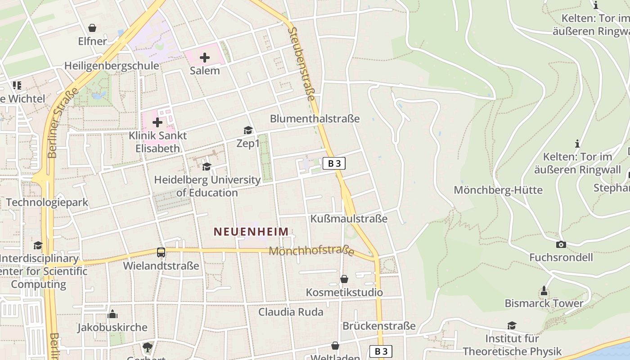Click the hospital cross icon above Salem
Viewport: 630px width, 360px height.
pyautogui.click(x=205, y=58)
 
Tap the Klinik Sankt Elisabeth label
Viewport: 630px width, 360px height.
pyautogui.click(x=157, y=142)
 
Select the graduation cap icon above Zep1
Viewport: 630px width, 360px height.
pyautogui.click(x=248, y=130)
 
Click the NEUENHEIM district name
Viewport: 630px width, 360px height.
pyautogui.click(x=251, y=232)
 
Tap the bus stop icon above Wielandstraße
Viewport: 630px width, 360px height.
pyautogui.click(x=161, y=252)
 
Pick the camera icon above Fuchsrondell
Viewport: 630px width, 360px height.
pyautogui.click(x=561, y=244)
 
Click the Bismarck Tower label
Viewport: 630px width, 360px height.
pyautogui.click(x=544, y=303)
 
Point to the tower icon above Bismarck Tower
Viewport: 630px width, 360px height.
pyautogui.click(x=544, y=290)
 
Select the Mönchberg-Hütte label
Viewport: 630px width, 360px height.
pyautogui.click(x=498, y=190)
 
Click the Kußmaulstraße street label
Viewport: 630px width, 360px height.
pyautogui.click(x=349, y=219)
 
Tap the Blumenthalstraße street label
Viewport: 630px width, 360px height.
pyautogui.click(x=315, y=119)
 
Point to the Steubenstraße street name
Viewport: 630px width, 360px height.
pyautogui.click(x=302, y=63)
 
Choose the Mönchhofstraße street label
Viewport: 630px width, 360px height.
pyautogui.click(x=311, y=251)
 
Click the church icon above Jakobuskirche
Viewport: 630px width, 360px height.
pyautogui.click(x=112, y=314)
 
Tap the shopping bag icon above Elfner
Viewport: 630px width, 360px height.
pyautogui.click(x=92, y=28)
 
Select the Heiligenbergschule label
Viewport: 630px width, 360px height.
pyautogui.click(x=112, y=66)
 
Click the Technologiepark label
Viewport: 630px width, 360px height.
pyautogui.click(x=47, y=202)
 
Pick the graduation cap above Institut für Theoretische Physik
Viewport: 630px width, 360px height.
pyautogui.click(x=512, y=325)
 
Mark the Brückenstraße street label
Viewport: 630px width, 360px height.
pyautogui.click(x=379, y=326)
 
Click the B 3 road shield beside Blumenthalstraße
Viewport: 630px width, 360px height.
pyautogui.click(x=334, y=163)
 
